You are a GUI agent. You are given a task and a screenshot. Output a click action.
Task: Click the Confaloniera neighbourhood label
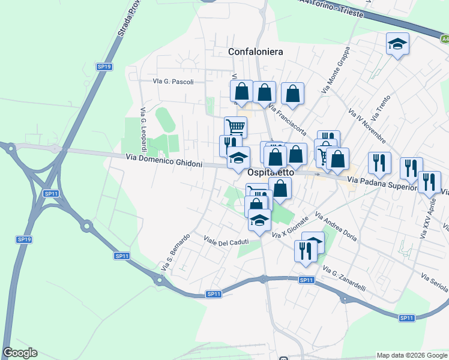(x=255, y=52)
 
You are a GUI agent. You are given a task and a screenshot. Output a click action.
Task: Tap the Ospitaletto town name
(x=271, y=172)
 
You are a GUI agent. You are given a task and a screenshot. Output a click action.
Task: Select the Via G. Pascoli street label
(x=173, y=81)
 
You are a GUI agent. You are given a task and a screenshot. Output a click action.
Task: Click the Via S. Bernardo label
(x=175, y=251)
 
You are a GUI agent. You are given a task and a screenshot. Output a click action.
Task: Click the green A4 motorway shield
(x=445, y=39)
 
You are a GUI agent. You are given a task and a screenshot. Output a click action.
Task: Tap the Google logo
(x=20, y=353)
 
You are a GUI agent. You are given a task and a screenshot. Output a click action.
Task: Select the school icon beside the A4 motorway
(x=397, y=43)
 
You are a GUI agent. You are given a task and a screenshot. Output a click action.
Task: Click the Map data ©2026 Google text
(x=411, y=355)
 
